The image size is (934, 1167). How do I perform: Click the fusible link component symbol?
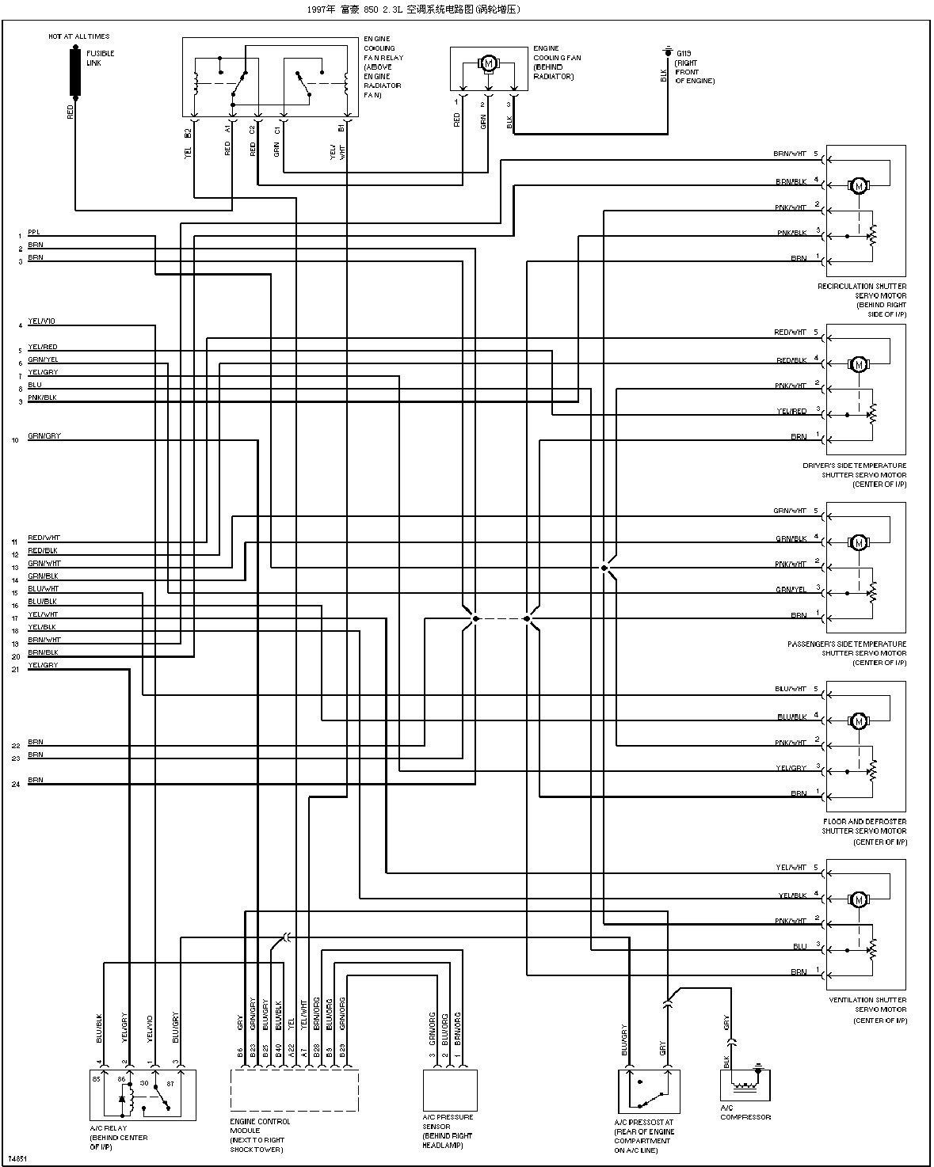[x=76, y=71]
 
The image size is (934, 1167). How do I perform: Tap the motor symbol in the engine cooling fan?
[x=488, y=63]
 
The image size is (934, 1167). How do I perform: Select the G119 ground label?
[x=682, y=52]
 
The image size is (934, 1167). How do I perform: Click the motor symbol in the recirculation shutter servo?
[x=858, y=186]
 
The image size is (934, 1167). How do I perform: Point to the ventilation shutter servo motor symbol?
[x=858, y=900]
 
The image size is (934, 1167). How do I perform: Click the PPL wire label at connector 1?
[x=33, y=232]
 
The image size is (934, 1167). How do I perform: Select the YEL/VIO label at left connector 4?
[x=41, y=321]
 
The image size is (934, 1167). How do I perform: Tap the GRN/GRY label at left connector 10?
[x=44, y=436]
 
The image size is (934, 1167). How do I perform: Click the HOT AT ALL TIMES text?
[x=78, y=36]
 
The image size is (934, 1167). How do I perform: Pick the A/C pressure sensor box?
[x=450, y=1089]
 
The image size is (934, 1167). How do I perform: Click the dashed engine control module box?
[x=294, y=1091]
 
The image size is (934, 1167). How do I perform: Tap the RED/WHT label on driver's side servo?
[x=790, y=333]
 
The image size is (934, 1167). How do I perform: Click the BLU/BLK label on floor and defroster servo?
[x=791, y=717]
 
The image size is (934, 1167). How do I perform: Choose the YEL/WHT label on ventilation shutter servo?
[x=791, y=868]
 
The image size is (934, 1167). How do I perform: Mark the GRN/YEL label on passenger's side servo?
[x=791, y=589]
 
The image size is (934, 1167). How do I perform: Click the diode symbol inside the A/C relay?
[x=121, y=1100]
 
